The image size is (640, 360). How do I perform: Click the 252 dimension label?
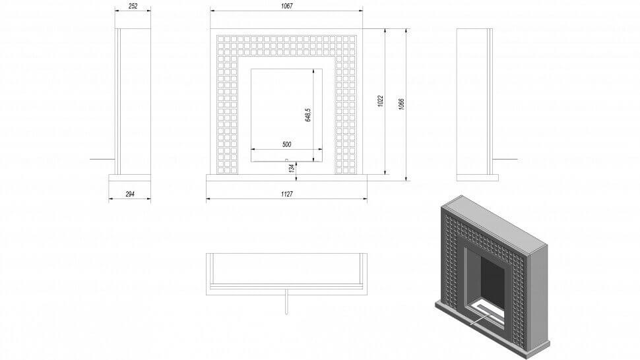pyautogui.click(x=133, y=6)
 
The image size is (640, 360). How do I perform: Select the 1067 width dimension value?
pyautogui.click(x=286, y=6)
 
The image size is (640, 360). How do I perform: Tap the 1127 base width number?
pyautogui.click(x=286, y=194)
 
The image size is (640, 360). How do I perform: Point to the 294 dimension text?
pyautogui.click(x=130, y=194)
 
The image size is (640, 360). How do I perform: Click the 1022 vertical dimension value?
pyautogui.click(x=381, y=101)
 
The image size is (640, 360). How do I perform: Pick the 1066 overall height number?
pyautogui.click(x=401, y=104)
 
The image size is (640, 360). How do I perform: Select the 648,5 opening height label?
pyautogui.click(x=308, y=115)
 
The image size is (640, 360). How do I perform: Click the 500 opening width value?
pyautogui.click(x=286, y=144)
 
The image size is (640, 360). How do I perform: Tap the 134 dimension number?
pyautogui.click(x=292, y=168)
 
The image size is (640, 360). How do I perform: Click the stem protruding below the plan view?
pyautogui.click(x=286, y=302)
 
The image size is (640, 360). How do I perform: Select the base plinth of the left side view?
pyautogui.click(x=130, y=177)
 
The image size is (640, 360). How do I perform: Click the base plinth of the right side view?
pyautogui.click(x=478, y=177)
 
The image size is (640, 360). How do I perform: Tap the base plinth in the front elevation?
pyautogui.click(x=286, y=177)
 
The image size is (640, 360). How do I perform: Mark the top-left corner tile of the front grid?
pyautogui.click(x=221, y=39)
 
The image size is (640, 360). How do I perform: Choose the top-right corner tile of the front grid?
pyautogui.click(x=352, y=39)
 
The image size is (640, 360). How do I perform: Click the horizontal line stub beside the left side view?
pyautogui.click(x=102, y=159)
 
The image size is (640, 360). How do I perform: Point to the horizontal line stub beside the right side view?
pyautogui.click(x=505, y=159)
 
